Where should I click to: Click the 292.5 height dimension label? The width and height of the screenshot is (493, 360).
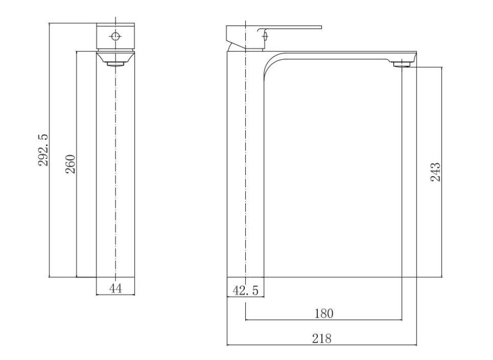(43, 150)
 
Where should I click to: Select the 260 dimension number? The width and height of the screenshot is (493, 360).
(71, 164)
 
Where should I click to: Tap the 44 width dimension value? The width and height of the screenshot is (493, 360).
(115, 288)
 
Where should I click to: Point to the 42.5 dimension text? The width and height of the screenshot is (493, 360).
(245, 290)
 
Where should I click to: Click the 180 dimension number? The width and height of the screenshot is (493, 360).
(324, 313)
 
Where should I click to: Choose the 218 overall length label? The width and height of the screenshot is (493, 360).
(322, 338)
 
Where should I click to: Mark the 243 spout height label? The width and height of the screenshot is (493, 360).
(435, 172)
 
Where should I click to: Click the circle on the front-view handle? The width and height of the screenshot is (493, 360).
(115, 36)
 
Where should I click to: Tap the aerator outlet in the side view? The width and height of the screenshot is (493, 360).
(402, 65)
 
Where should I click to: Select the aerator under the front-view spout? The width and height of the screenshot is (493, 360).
(115, 64)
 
